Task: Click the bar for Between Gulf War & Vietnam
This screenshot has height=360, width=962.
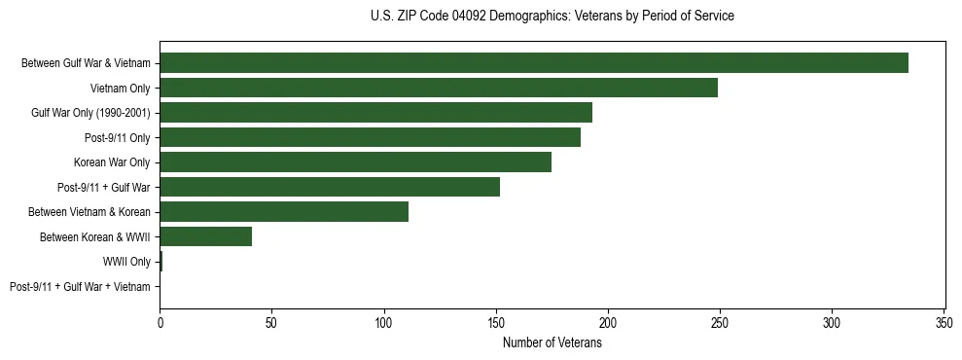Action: click(x=534, y=63)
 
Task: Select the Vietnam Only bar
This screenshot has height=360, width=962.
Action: click(x=439, y=88)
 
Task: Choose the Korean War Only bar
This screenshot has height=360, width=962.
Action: click(x=355, y=162)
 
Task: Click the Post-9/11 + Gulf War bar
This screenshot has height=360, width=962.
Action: click(x=330, y=187)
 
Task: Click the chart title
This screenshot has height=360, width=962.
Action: click(x=552, y=17)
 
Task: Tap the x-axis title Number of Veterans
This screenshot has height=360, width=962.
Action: click(x=552, y=343)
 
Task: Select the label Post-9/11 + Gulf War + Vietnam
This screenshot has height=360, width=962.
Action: click(x=80, y=287)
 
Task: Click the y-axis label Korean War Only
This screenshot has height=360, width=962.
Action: click(x=112, y=162)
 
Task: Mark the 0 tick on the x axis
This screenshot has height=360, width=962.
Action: click(x=160, y=321)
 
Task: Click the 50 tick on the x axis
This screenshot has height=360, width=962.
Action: click(x=272, y=321)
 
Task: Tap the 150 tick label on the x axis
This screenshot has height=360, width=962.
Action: click(x=496, y=321)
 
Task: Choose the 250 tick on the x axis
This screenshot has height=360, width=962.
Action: click(x=720, y=321)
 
